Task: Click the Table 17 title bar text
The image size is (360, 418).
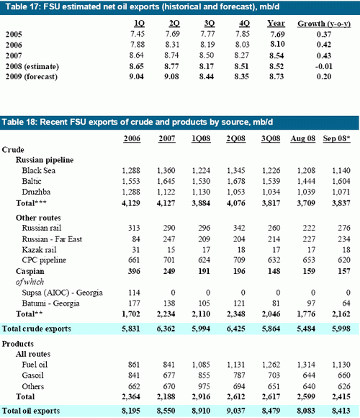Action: pyautogui.click(x=143, y=6)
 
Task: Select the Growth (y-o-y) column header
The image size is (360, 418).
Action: pyautogui.click(x=324, y=24)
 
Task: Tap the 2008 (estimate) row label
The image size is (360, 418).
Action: pyautogui.click(x=32, y=66)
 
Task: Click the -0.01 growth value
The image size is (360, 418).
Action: pyautogui.click(x=323, y=66)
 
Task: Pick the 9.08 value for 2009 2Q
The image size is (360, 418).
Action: pyautogui.click(x=171, y=77)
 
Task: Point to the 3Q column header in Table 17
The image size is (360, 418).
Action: pyautogui.click(x=210, y=24)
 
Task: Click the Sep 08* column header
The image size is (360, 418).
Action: pyautogui.click(x=336, y=138)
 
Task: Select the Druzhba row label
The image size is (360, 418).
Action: pyautogui.click(x=36, y=192)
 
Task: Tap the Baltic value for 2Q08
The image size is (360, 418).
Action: pyautogui.click(x=236, y=182)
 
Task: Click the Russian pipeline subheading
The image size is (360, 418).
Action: pyautogui.click(x=45, y=160)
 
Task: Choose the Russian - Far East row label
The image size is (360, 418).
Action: pyautogui.click(x=52, y=239)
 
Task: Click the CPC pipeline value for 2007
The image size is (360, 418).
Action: pyautogui.click(x=169, y=260)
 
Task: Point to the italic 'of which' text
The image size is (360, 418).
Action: pyautogui.click(x=30, y=282)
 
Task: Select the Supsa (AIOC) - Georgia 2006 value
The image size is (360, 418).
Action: pyautogui.click(x=134, y=293)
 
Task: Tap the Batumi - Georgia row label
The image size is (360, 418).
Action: pyautogui.click(x=50, y=303)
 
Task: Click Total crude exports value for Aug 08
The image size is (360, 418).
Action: pyautogui.click(x=306, y=329)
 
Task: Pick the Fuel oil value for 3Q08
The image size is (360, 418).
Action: pyautogui.click(x=271, y=365)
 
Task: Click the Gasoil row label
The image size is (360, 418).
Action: pyautogui.click(x=32, y=375)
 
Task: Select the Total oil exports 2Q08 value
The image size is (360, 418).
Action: pyautogui.click(x=236, y=411)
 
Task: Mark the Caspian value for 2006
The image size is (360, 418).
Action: pyautogui.click(x=134, y=271)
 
